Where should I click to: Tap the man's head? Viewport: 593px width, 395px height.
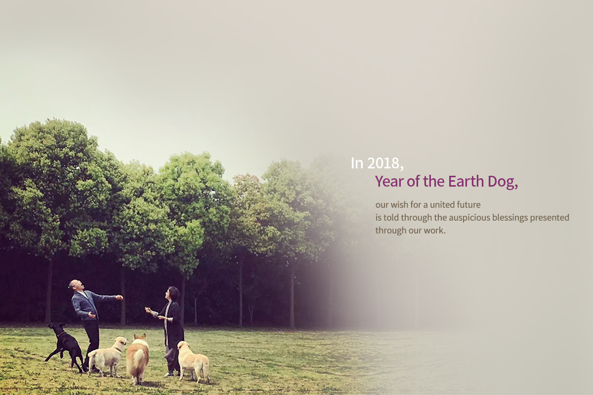click(77, 285)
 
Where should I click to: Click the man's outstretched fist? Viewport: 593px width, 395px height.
click(120, 297)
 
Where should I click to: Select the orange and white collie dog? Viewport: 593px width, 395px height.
click(137, 357)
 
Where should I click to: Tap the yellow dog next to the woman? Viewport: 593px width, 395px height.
click(193, 361)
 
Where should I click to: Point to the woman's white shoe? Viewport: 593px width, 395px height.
click(168, 374)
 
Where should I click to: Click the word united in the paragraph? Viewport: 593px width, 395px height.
click(442, 204)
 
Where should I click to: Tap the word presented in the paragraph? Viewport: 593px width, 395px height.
click(550, 218)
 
